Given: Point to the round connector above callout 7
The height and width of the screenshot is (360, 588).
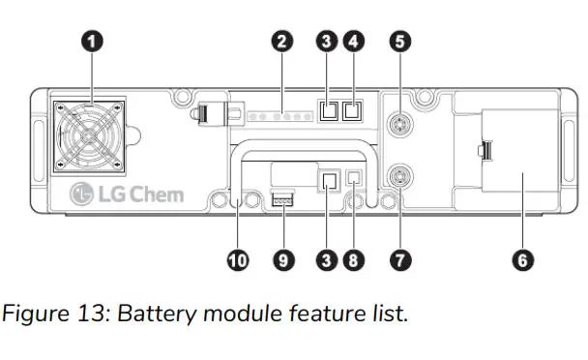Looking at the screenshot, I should [x=397, y=175].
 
